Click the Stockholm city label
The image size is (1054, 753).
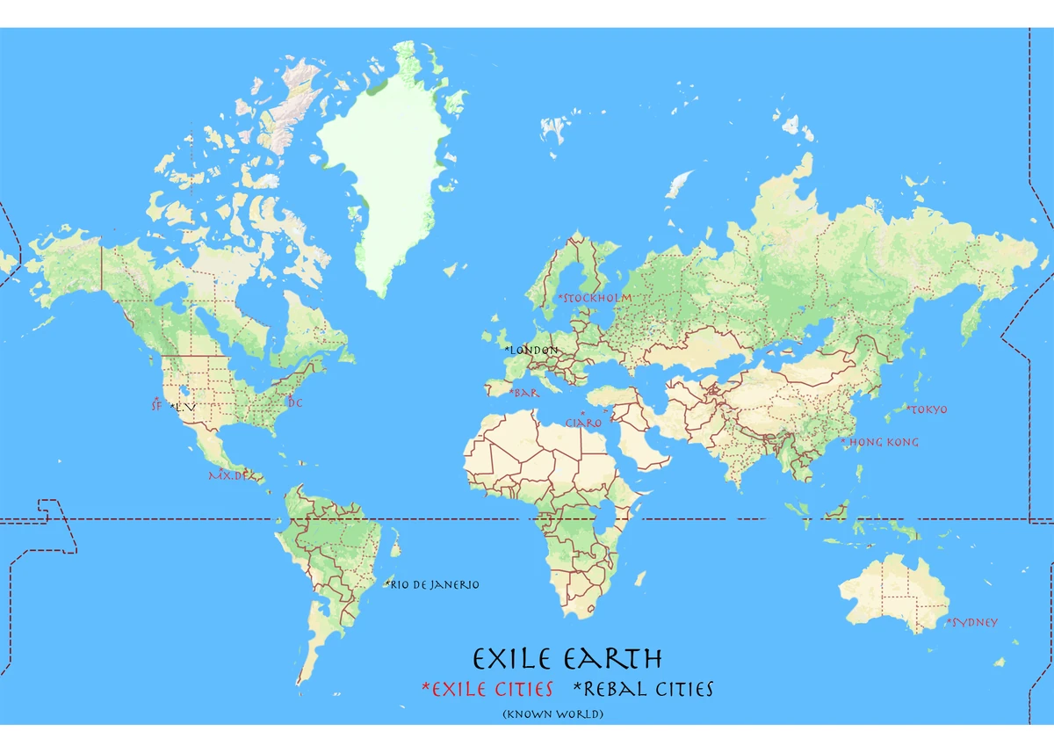coord(596,298)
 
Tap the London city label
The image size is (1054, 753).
coord(532,350)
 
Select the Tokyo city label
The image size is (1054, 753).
coord(928,409)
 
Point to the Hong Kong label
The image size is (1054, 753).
coord(880,442)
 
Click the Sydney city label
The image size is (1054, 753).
coord(972,622)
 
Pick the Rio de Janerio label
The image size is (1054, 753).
coord(433,584)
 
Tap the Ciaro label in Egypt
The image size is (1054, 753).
coord(584,423)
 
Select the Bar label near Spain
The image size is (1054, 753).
coord(524,393)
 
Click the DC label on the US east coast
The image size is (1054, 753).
coord(294,402)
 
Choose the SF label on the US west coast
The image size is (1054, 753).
coord(156,405)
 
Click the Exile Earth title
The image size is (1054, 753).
coord(567,659)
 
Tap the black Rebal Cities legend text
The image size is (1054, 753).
coord(643,689)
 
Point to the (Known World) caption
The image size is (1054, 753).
coord(552,714)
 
